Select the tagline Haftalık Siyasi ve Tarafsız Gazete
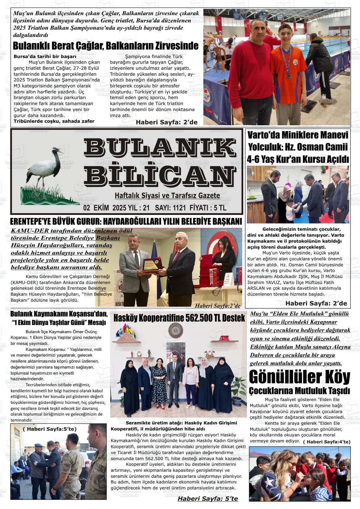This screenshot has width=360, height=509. [x=167, y=196]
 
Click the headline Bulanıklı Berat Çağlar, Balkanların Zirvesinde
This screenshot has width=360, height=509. [x=105, y=46]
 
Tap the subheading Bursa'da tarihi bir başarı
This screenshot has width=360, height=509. [x=45, y=56]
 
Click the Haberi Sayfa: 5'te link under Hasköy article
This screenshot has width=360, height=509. [x=207, y=499]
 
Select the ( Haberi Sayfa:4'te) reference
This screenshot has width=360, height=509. [x=326, y=442]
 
